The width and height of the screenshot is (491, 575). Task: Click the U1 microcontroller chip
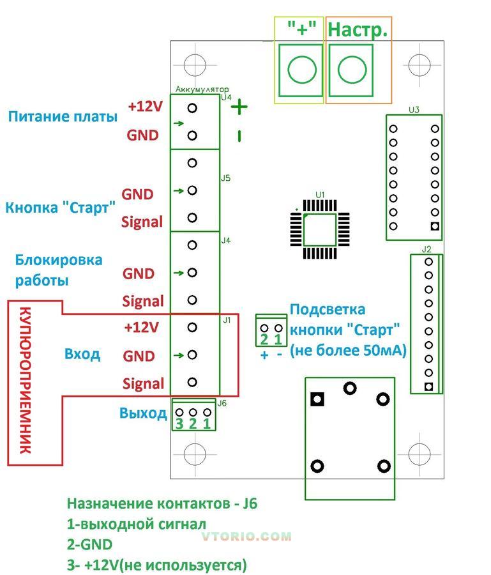(x=319, y=229)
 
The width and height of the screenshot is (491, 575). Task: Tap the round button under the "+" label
(x=301, y=68)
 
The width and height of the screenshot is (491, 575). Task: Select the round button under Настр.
(x=351, y=68)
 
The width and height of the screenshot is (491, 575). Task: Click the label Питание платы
(x=63, y=117)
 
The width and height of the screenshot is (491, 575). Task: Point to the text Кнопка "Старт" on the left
(x=61, y=208)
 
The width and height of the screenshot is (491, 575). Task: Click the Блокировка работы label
(x=59, y=270)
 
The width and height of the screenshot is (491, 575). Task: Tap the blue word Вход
(x=82, y=354)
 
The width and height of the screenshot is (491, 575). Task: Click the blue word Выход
(x=143, y=413)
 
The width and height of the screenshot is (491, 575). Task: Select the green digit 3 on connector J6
(x=179, y=423)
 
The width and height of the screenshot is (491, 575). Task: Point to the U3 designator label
(x=414, y=110)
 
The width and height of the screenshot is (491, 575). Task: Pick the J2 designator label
(x=427, y=249)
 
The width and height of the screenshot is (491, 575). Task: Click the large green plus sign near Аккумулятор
(x=239, y=107)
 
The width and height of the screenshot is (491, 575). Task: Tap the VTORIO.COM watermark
(x=246, y=537)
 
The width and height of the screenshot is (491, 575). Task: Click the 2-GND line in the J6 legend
(x=90, y=544)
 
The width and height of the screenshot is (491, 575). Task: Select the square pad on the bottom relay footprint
(x=317, y=399)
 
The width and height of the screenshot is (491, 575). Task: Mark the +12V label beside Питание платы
(x=145, y=107)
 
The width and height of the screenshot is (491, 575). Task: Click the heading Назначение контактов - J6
(x=162, y=503)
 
